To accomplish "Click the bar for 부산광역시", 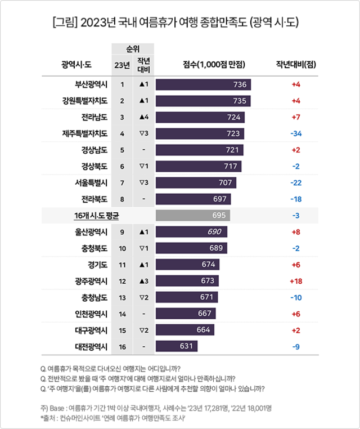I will coord(203,85).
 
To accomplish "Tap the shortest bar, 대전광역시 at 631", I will coord(178,346).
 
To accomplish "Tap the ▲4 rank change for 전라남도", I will coord(143,118).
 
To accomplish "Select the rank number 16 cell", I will coord(122,346).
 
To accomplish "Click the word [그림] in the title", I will coord(64,23).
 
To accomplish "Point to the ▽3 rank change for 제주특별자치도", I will coord(143,134).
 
